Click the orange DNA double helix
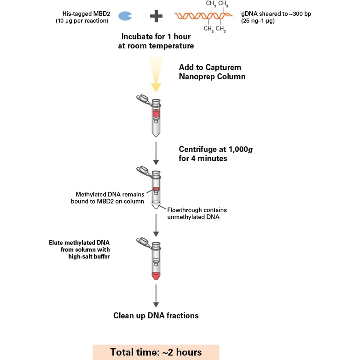pos(203,16)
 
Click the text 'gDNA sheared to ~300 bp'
pos(276,14)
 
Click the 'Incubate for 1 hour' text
pos(156,36)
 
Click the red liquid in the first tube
pos(156,114)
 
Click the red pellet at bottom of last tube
pos(156,276)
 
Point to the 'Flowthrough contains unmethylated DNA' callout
pos(197,213)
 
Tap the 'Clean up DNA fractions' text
pos(156,315)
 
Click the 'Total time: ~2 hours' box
pos(156,352)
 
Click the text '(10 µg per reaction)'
pos(82,21)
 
